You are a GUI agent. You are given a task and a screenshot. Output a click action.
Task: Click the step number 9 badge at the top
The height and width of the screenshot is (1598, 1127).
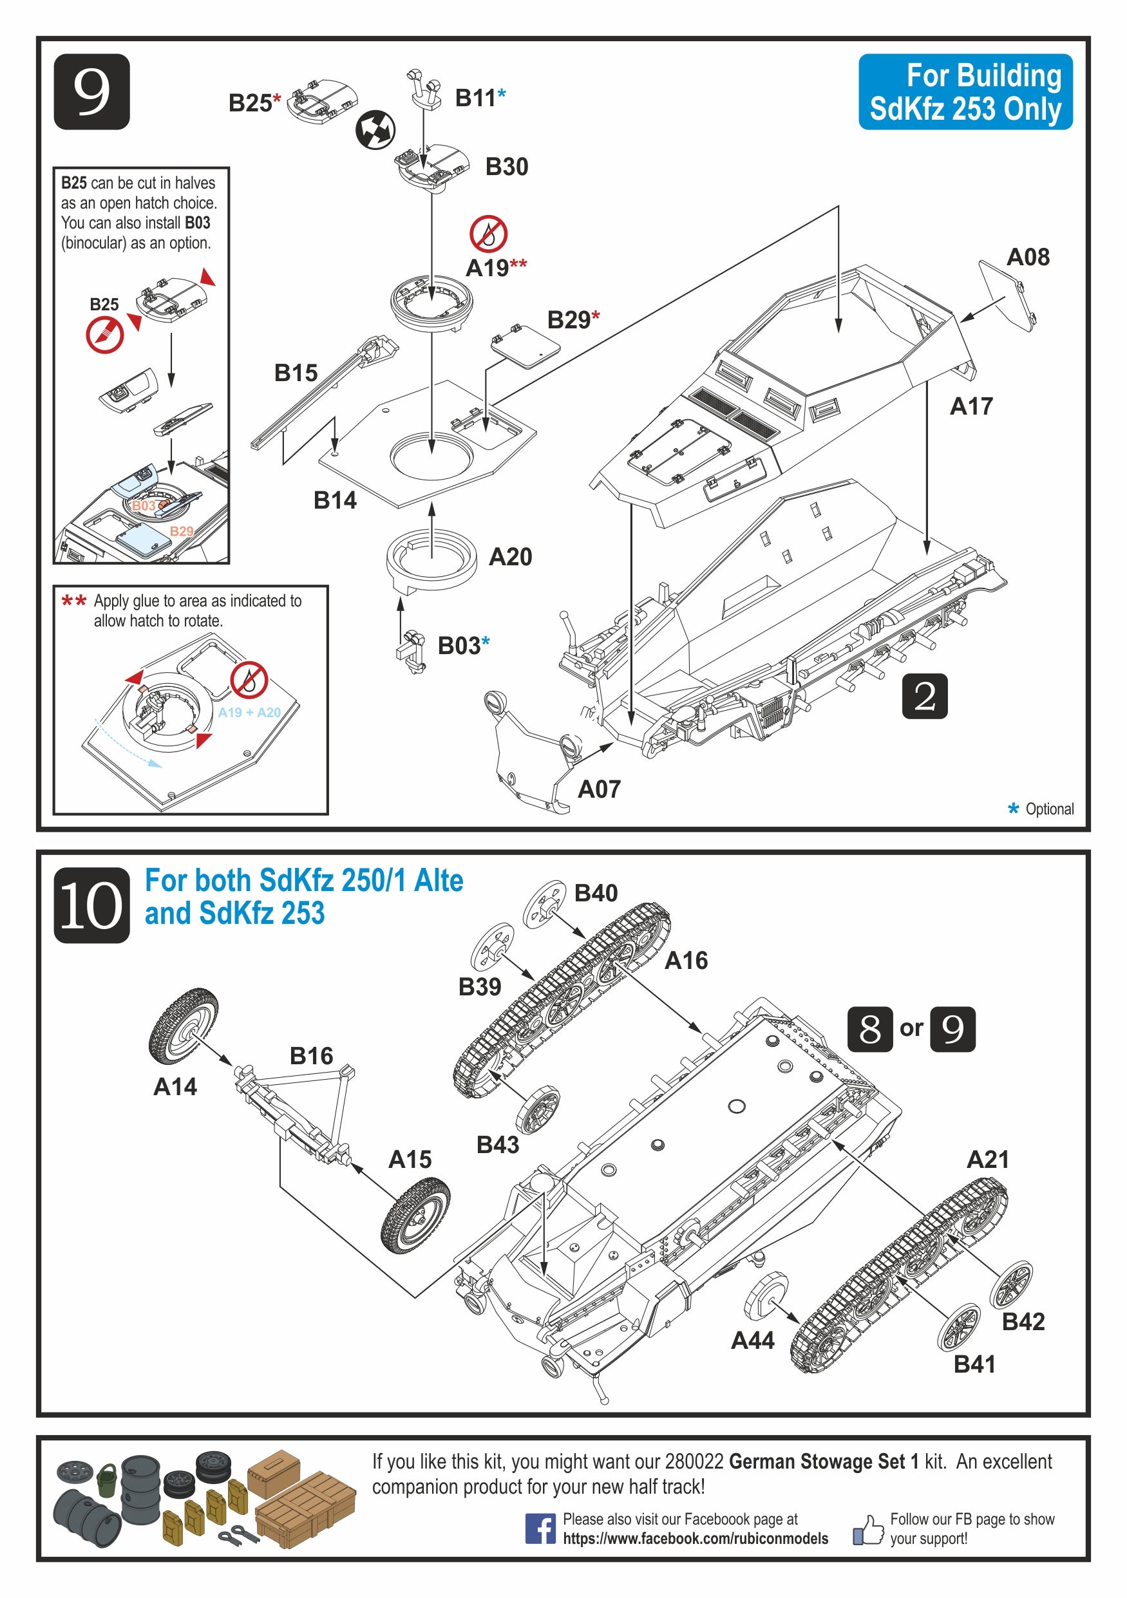[91, 92]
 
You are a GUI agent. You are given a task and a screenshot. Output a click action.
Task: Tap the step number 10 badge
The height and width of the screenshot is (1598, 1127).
[91, 905]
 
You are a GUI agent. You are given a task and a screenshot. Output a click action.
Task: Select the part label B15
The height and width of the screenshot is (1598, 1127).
[296, 373]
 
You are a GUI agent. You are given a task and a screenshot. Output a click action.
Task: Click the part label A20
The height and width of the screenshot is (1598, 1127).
[510, 557]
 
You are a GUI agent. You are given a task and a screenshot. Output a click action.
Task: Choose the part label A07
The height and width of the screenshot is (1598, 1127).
[599, 789]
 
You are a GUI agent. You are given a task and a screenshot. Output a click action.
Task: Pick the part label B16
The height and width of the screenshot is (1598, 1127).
[311, 1056]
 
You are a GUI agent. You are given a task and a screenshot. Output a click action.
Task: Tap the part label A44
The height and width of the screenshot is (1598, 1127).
[752, 1340]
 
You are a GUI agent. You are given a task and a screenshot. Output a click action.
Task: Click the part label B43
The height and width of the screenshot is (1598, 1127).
[498, 1144]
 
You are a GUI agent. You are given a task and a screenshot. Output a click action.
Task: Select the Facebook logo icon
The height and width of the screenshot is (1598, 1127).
[540, 1528]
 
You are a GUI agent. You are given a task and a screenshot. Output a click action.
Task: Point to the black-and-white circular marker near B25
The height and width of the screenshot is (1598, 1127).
[376, 130]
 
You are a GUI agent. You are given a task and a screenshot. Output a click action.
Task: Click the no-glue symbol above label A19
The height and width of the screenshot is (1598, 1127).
[488, 234]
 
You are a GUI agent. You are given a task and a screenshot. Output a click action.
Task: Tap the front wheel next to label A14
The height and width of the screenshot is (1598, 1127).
[183, 1025]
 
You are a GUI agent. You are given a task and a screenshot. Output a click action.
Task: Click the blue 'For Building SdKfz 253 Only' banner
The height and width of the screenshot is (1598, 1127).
[965, 92]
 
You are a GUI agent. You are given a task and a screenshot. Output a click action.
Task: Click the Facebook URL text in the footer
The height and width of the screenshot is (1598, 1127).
[696, 1538]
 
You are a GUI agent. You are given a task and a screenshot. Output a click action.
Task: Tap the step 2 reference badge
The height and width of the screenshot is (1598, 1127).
[924, 696]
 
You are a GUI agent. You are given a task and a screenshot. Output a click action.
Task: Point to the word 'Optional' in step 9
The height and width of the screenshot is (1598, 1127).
[1049, 809]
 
